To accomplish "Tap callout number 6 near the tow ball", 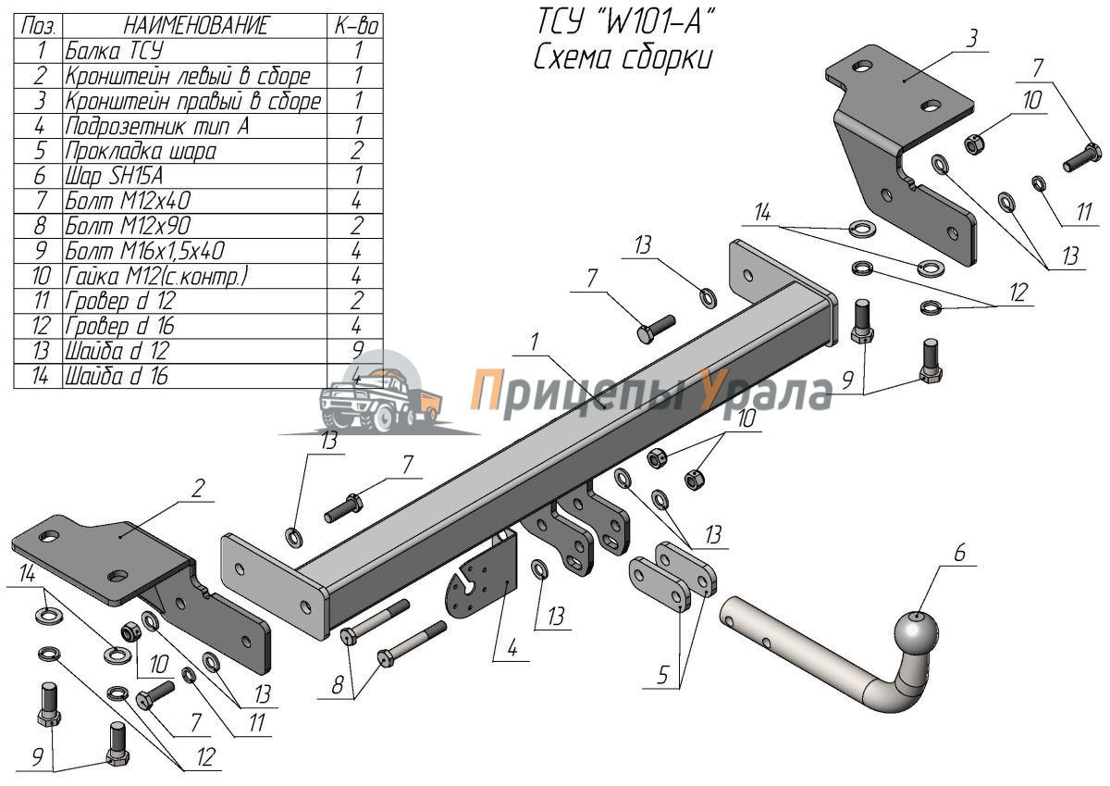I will coord(958,555).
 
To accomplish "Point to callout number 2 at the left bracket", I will coord(197,489).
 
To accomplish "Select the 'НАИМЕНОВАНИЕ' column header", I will coord(195,26).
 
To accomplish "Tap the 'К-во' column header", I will coord(357,26).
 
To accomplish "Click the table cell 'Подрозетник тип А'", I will coord(157,126).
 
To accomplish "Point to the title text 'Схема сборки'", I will coord(623,57).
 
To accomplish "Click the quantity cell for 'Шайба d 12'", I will coord(357,351).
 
